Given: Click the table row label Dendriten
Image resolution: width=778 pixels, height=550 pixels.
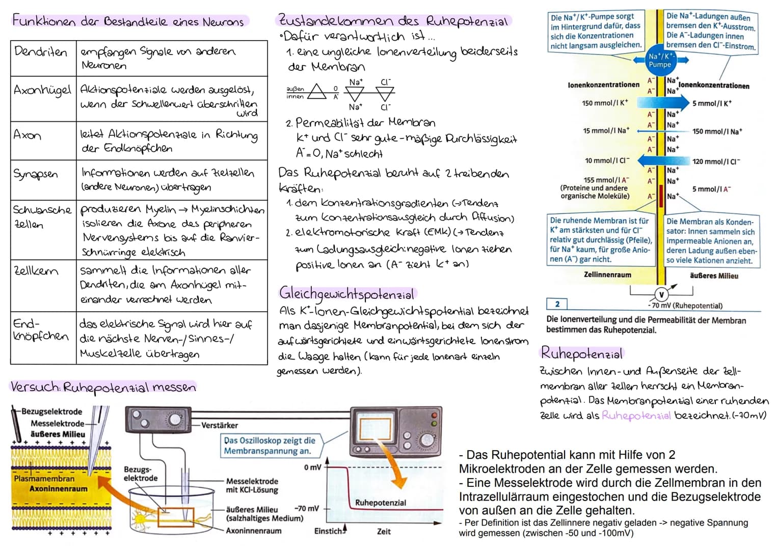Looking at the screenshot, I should (41, 52).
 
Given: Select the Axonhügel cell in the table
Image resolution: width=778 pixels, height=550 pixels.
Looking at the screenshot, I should (42, 91).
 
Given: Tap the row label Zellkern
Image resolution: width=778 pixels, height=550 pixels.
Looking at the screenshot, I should (36, 271).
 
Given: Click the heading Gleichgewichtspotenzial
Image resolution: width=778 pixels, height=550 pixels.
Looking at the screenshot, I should (347, 293).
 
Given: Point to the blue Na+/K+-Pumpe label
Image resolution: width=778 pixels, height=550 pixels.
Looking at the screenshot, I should (660, 60).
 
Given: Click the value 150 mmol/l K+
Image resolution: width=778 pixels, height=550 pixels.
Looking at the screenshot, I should (605, 103).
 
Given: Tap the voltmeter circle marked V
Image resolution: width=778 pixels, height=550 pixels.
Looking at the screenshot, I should (661, 295).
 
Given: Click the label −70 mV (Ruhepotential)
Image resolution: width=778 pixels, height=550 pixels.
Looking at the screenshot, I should (685, 306).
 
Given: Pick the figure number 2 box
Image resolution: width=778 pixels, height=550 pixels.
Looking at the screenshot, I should (557, 304).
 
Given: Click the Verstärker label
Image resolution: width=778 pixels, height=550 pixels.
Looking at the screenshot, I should (220, 425).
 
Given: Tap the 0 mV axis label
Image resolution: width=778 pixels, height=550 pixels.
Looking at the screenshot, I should (312, 468).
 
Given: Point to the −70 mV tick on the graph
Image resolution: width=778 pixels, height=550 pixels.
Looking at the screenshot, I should (307, 508).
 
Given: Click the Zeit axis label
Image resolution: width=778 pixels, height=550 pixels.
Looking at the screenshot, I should (384, 531).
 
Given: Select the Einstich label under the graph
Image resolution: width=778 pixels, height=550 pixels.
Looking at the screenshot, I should (329, 531).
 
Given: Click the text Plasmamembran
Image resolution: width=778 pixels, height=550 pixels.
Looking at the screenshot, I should (44, 479).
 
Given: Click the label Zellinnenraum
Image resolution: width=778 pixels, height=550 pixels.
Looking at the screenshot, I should (607, 274).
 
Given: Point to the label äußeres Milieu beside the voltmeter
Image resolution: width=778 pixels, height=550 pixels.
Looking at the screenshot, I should (714, 276).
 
